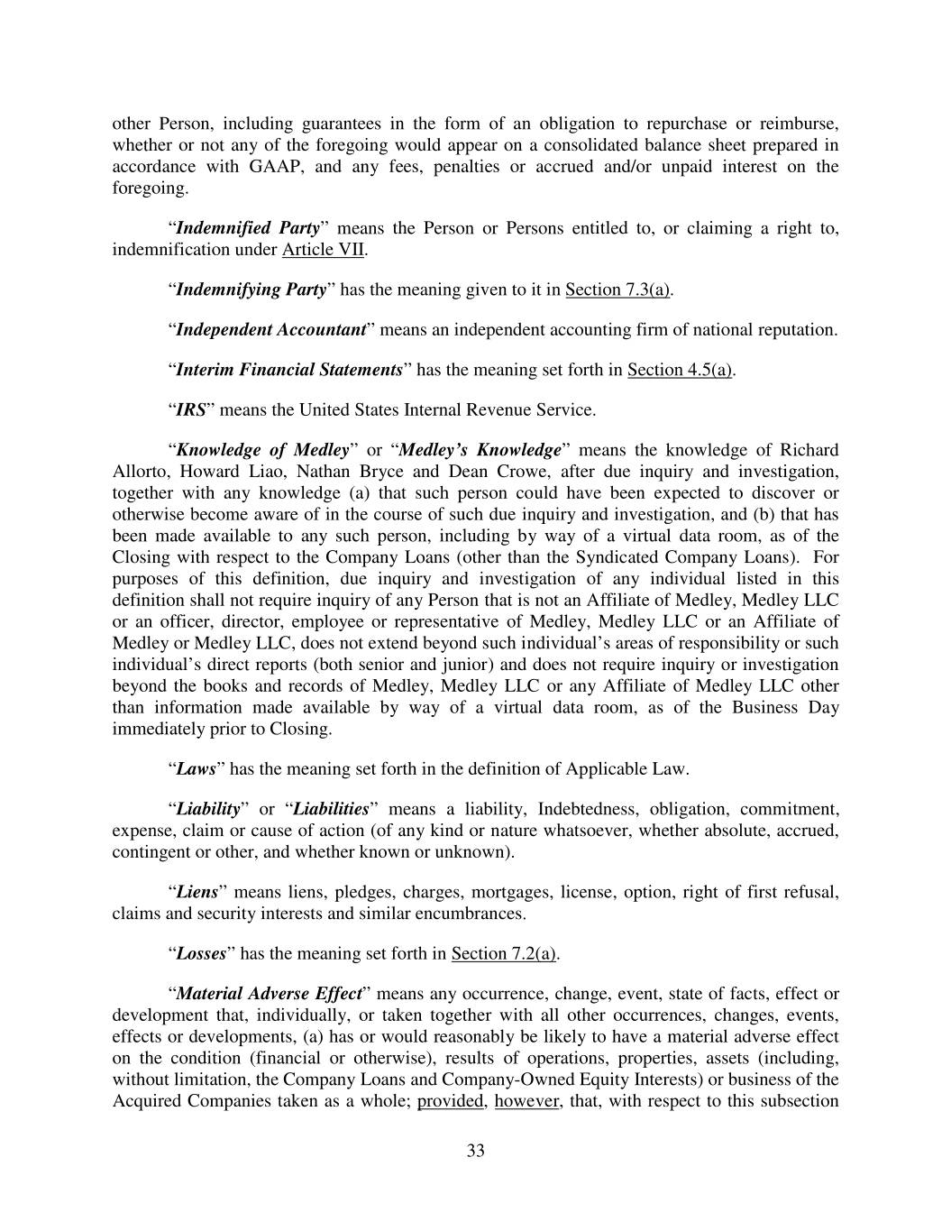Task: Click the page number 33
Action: click(x=476, y=1151)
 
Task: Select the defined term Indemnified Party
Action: click(x=248, y=228)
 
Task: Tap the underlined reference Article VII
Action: click(x=324, y=250)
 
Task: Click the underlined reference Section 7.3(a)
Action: click(x=618, y=289)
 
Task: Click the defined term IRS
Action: click(x=190, y=410)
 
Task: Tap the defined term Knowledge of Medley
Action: click(x=262, y=450)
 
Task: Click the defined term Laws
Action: click(x=197, y=769)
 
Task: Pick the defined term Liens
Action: click(x=197, y=893)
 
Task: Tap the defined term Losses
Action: click(x=200, y=954)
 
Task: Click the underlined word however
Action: click(x=526, y=1101)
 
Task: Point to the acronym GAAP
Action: click(x=275, y=167)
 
